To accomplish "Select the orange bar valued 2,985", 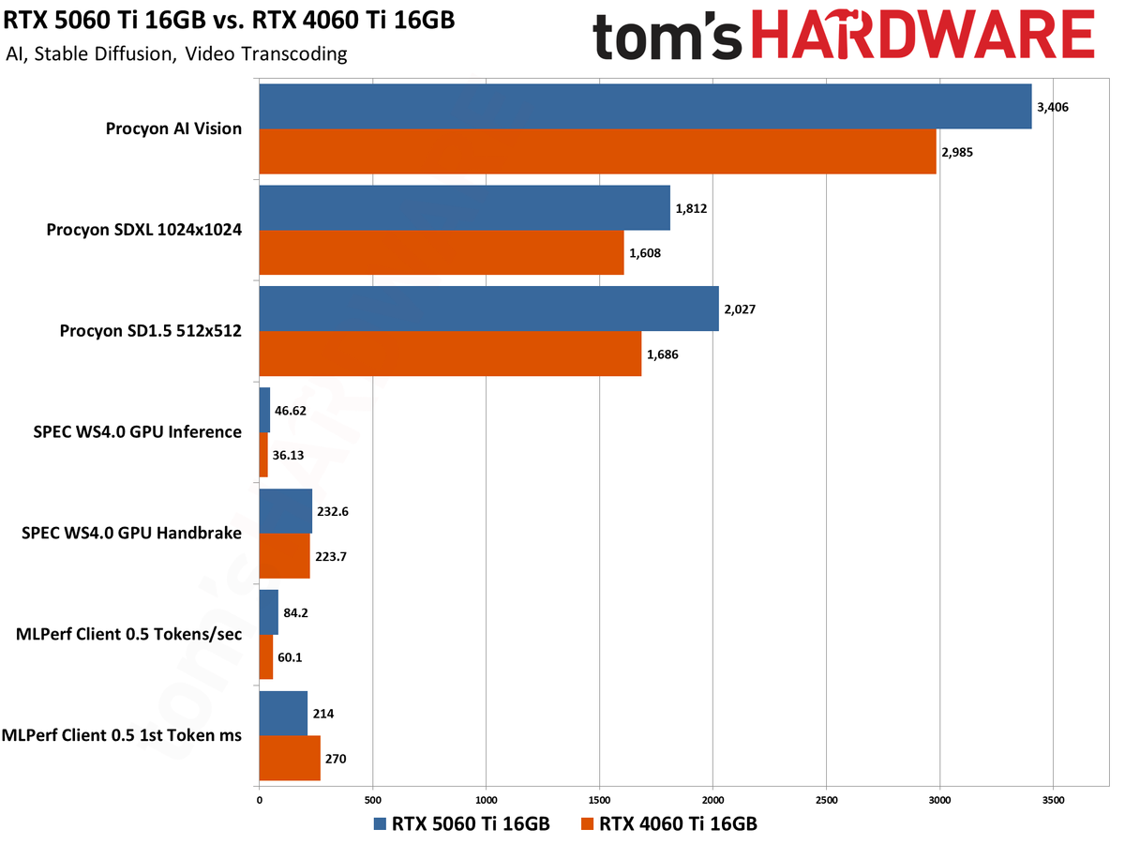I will point(597,151).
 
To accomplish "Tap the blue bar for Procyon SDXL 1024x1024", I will point(464,208).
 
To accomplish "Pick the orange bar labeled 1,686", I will point(450,354).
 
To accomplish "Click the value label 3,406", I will point(1053,107).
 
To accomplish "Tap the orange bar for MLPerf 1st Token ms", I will point(290,758).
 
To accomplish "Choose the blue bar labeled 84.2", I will point(268,612).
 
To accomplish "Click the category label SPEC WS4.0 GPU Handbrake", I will point(131,534).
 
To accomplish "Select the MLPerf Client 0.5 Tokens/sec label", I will point(129,635).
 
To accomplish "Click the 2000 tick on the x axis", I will point(712,799).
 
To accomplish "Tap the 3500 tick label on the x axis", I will point(1053,799).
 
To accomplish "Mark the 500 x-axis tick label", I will point(372,799).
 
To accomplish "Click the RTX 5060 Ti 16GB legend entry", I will point(460,824).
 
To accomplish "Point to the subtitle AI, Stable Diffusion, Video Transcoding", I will point(176,53).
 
